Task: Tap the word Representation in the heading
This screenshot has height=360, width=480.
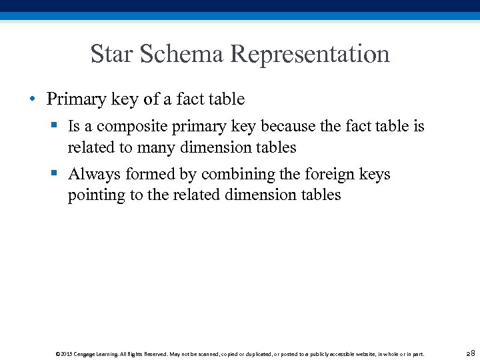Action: (x=311, y=54)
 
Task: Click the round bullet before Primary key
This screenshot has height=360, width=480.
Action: (x=32, y=100)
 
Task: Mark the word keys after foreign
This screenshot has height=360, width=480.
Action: (x=375, y=175)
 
